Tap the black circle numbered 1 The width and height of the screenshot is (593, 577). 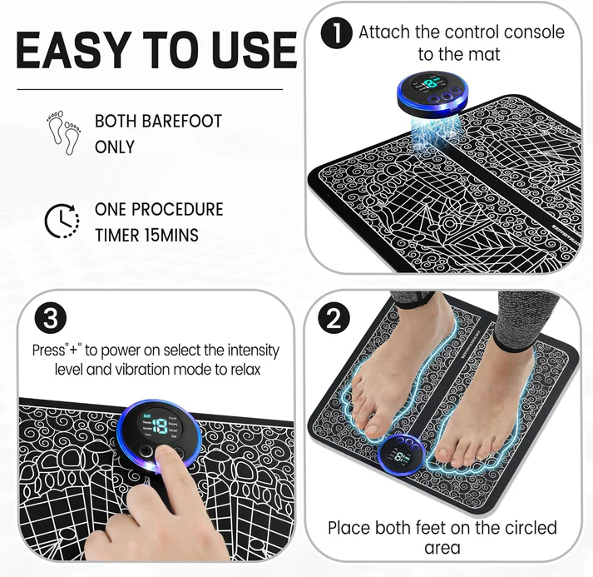click(336, 34)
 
